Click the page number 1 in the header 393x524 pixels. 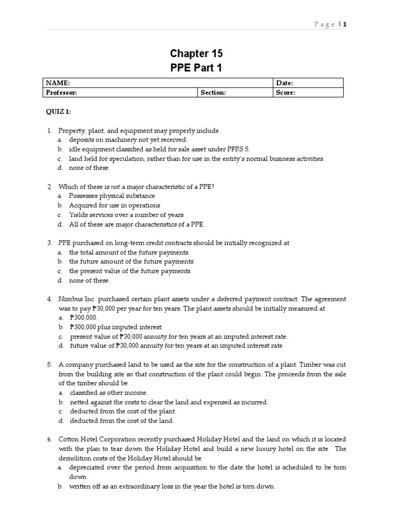click(x=345, y=24)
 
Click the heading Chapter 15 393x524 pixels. click(x=196, y=54)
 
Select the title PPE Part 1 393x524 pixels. click(x=196, y=68)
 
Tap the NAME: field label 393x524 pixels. click(x=58, y=83)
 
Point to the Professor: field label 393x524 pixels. click(x=61, y=93)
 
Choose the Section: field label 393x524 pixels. click(x=213, y=93)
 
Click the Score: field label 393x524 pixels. click(x=286, y=93)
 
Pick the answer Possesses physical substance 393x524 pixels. click(x=112, y=196)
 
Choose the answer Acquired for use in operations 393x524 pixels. click(x=115, y=205)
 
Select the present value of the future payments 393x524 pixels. click(x=130, y=271)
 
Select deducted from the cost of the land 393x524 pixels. click(x=122, y=421)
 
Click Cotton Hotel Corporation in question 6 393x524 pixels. click(x=98, y=440)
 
